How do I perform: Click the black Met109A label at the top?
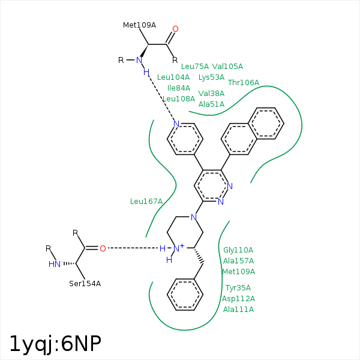click(x=139, y=25)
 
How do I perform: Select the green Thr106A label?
click(x=244, y=82)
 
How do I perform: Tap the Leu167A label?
click(x=146, y=201)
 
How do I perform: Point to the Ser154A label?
click(x=85, y=283)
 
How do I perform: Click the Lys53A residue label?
click(x=211, y=77)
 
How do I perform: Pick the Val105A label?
click(x=227, y=67)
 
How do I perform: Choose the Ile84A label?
click(x=179, y=88)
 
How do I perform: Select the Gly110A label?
click(x=238, y=250)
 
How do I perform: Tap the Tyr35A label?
click(x=238, y=288)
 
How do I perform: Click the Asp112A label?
click(x=238, y=299)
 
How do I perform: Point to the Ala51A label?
click(x=211, y=104)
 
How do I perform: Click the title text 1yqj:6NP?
click(x=55, y=343)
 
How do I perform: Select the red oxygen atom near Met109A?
click(x=175, y=29)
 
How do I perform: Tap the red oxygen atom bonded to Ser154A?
click(x=103, y=248)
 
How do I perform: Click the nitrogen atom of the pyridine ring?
click(x=176, y=124)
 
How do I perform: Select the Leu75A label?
click(x=195, y=67)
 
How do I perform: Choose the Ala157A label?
click(x=238, y=260)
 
